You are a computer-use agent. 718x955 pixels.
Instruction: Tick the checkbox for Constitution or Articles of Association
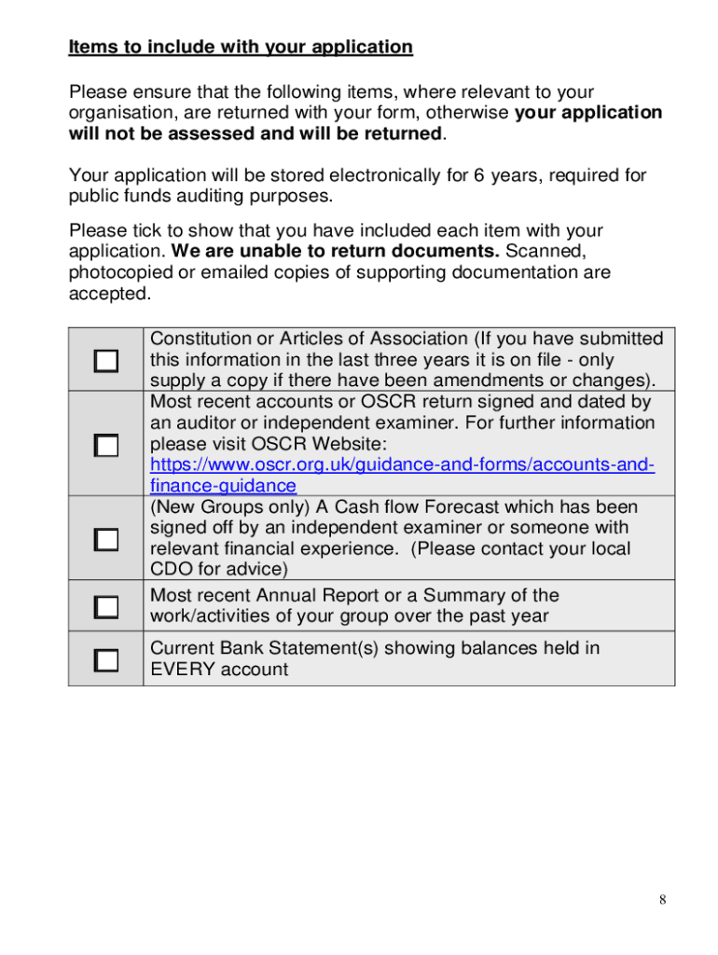[x=106, y=361]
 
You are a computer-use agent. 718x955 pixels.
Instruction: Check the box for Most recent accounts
[x=106, y=445]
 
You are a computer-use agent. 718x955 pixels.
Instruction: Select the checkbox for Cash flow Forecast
[x=106, y=539]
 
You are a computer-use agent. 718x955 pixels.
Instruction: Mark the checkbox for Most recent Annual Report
[x=106, y=606]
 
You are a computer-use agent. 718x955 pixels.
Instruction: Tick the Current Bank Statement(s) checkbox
[x=106, y=660]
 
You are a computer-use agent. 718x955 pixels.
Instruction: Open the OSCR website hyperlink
[x=402, y=464]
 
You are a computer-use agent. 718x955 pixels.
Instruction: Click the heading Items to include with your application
[x=241, y=47]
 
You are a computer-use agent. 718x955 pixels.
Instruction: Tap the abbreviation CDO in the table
[x=169, y=569]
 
